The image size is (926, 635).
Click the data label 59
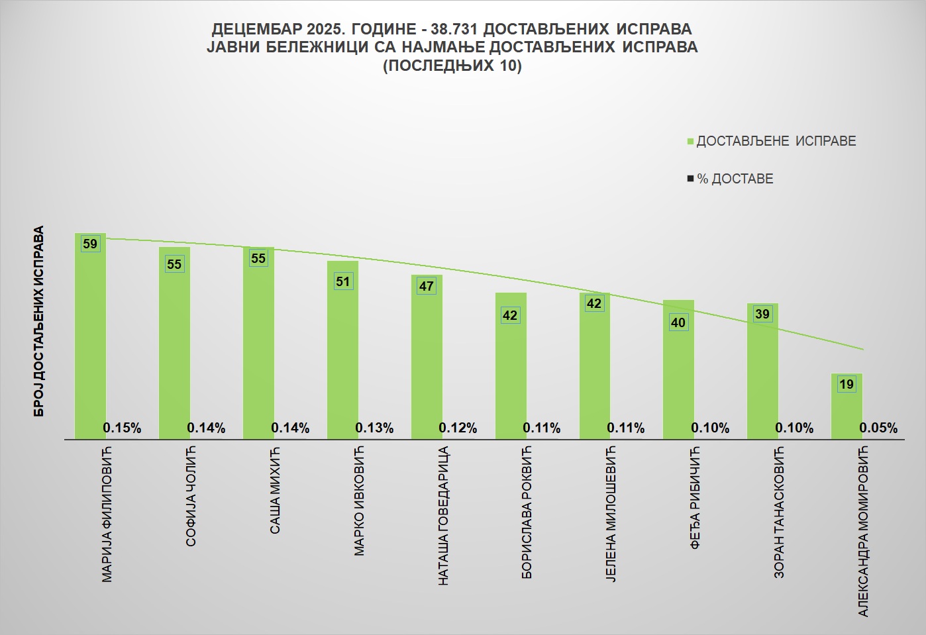pyautogui.click(x=90, y=244)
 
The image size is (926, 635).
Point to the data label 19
pyautogui.click(x=847, y=384)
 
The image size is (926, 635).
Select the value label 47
pyautogui.click(x=427, y=286)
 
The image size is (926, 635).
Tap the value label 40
pyautogui.click(x=678, y=322)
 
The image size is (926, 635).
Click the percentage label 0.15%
pyautogui.click(x=122, y=428)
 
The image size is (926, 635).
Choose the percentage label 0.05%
pyautogui.click(x=878, y=428)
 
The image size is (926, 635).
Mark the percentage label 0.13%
pyautogui.click(x=374, y=428)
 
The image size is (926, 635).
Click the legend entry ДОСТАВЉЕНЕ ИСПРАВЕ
pyautogui.click(x=776, y=141)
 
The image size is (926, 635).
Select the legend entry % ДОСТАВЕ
pyautogui.click(x=735, y=179)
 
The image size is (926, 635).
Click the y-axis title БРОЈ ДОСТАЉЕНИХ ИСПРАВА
pyautogui.click(x=39, y=322)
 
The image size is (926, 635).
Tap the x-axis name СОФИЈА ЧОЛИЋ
pyautogui.click(x=191, y=497)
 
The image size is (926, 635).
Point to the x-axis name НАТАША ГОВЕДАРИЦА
pyautogui.click(x=444, y=516)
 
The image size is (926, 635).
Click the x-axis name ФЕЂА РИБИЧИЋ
pyautogui.click(x=695, y=499)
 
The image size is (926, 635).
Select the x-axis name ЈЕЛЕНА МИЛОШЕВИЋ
pyautogui.click(x=611, y=515)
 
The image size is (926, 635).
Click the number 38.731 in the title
pyautogui.click(x=454, y=29)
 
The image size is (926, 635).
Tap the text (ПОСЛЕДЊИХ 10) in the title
pyautogui.click(x=452, y=66)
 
